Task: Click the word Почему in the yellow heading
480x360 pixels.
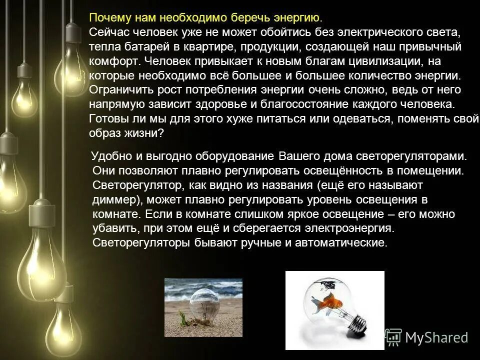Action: (x=106, y=18)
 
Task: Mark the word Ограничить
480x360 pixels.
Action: (x=116, y=90)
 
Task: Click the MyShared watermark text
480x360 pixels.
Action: (x=436, y=338)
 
